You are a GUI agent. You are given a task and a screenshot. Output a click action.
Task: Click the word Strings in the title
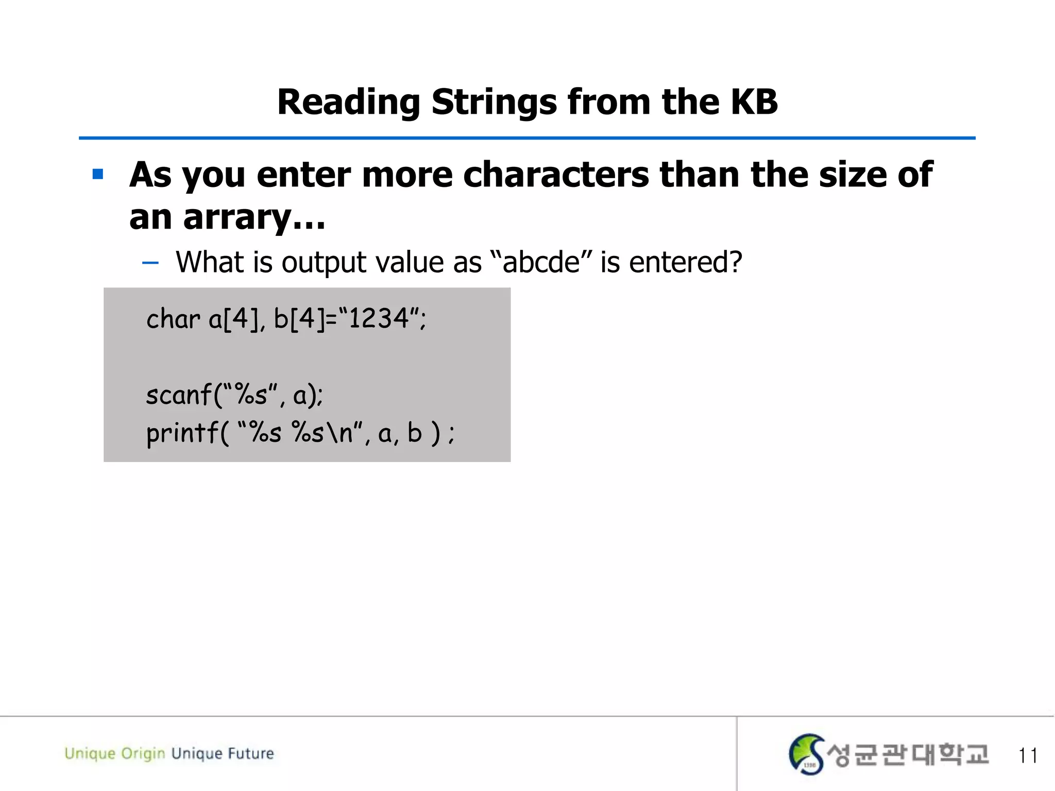click(x=494, y=102)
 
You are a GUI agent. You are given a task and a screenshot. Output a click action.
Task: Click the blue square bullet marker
click(x=98, y=175)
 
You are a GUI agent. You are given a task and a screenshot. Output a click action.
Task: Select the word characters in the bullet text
click(x=556, y=175)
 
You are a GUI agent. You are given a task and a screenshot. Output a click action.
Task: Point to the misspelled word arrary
click(x=237, y=217)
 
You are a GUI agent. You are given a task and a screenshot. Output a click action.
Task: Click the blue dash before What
click(x=150, y=263)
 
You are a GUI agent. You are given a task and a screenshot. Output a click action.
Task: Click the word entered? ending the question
click(x=685, y=262)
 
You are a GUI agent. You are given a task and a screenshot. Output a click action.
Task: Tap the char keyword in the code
click(x=173, y=319)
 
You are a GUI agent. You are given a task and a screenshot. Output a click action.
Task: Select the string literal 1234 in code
click(x=379, y=318)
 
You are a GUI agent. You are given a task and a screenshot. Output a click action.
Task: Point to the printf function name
click(x=181, y=433)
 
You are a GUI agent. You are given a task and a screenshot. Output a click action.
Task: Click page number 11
click(x=1027, y=755)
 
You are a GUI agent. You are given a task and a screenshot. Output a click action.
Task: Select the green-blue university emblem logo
click(x=806, y=754)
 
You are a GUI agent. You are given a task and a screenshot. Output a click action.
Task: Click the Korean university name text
click(x=908, y=755)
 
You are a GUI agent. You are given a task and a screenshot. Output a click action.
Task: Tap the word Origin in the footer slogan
click(x=143, y=754)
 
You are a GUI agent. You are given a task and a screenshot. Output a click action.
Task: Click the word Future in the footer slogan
click(x=251, y=753)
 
